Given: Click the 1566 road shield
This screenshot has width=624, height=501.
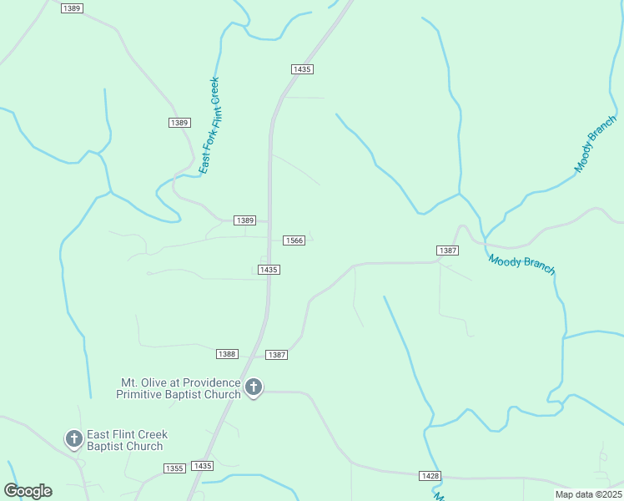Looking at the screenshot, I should pos(294,240).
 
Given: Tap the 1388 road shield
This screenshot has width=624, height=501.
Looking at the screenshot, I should pos(227,354).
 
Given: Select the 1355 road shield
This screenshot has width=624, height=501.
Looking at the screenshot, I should pos(174,468).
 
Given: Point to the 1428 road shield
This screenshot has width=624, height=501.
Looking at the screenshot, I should pos(430,475).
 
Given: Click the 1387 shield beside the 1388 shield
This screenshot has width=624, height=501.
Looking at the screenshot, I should pos(277,355).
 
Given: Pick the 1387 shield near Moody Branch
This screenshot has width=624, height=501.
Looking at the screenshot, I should pos(447,250).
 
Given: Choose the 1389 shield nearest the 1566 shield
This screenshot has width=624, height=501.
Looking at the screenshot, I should pos(244,220).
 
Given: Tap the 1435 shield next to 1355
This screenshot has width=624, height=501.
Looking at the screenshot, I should pos(202,466).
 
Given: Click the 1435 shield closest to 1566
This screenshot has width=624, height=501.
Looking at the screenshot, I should pos(268,270).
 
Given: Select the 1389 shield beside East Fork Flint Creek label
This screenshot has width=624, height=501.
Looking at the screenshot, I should pos(179,123).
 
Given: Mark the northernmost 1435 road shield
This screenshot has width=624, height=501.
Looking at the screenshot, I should pos(302,69).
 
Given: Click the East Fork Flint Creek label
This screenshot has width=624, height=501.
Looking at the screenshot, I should pos(209,126).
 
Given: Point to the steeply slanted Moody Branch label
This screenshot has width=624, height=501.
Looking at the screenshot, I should pos(596,144).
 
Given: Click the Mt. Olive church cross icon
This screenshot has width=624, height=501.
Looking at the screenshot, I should pos(254,387).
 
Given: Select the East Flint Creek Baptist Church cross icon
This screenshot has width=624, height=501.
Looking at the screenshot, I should pos(73,438).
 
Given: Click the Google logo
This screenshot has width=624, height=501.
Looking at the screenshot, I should pos(28,491).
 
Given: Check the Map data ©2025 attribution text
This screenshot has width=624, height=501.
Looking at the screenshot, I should pos(588,494).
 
